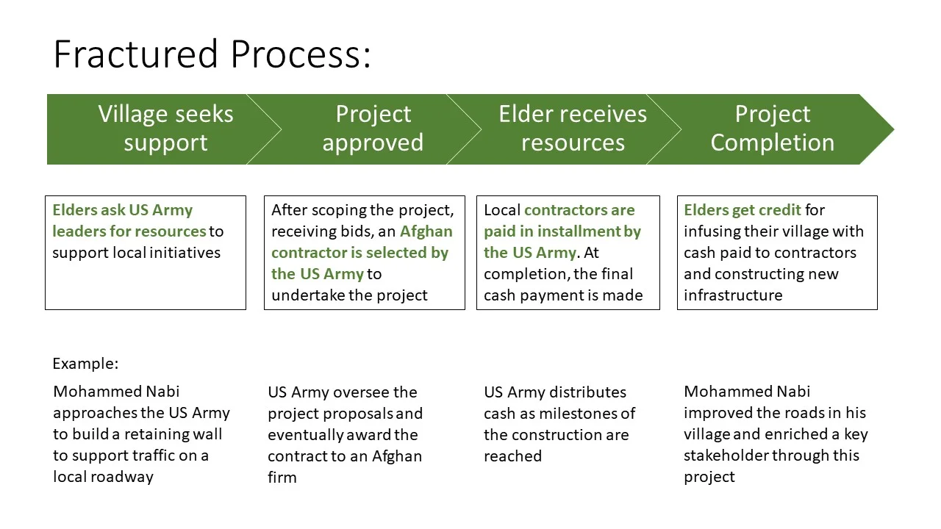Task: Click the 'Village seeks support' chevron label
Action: [165, 129]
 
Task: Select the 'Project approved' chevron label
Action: [373, 129]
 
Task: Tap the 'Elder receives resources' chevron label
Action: [573, 129]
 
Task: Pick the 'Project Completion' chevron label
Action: [772, 129]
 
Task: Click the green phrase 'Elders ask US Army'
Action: [122, 210]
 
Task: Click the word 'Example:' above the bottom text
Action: [85, 364]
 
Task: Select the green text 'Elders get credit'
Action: [742, 210]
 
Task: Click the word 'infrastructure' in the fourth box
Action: [732, 295]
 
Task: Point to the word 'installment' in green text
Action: [579, 231]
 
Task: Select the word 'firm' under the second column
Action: [282, 478]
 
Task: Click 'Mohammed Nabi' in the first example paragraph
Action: [116, 392]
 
